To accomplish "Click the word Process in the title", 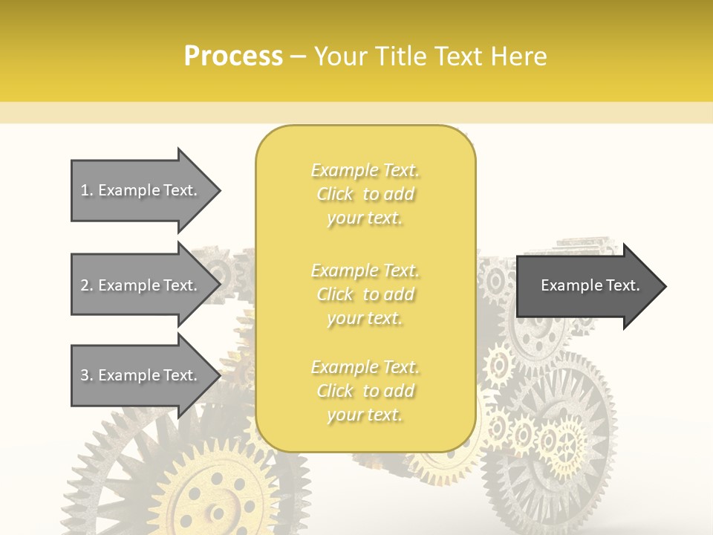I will pyautogui.click(x=233, y=56).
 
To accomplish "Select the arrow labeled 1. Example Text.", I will pyautogui.click(x=141, y=190).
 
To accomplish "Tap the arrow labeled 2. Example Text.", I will pyautogui.click(x=141, y=285).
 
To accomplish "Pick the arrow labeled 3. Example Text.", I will pyautogui.click(x=141, y=375).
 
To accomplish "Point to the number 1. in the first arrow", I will pyautogui.click(x=87, y=190).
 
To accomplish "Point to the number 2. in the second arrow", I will pyautogui.click(x=87, y=285).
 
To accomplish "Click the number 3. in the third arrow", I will pyautogui.click(x=87, y=375).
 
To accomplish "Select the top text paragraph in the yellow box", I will pyautogui.click(x=365, y=194).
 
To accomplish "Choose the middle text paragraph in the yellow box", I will pyautogui.click(x=365, y=294).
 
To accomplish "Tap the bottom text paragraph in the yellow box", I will pyautogui.click(x=365, y=391).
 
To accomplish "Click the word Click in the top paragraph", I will pyautogui.click(x=335, y=194).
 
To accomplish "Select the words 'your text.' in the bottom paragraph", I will pyautogui.click(x=365, y=415).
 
